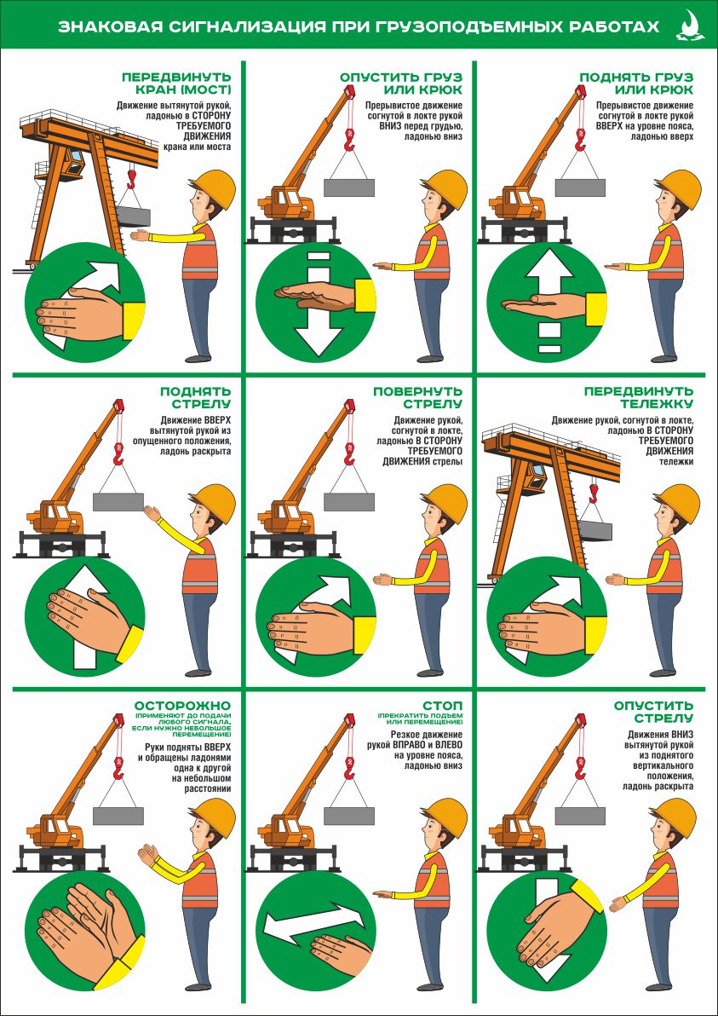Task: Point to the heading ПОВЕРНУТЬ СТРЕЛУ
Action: click(418, 399)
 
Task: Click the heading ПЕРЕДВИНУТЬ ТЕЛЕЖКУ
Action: click(639, 399)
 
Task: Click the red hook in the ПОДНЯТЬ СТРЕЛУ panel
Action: click(118, 454)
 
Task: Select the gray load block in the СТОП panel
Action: click(349, 816)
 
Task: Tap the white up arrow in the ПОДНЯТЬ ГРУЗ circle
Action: click(547, 301)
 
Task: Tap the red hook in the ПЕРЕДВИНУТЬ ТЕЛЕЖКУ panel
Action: click(594, 494)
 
